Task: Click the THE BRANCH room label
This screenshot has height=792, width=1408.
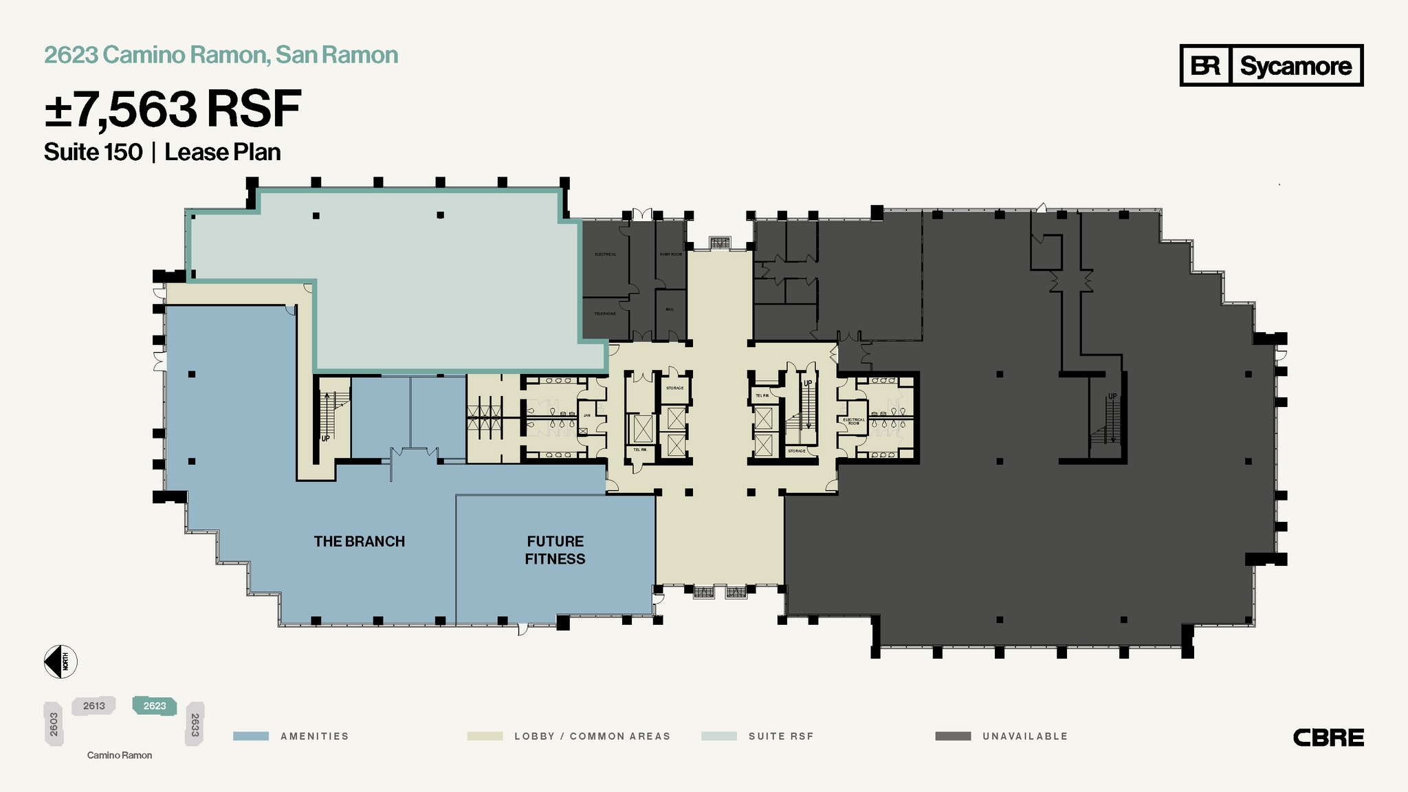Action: pyautogui.click(x=359, y=542)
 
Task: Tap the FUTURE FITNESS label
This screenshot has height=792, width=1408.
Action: pyautogui.click(x=555, y=550)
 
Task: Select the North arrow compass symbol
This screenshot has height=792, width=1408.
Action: pyautogui.click(x=60, y=662)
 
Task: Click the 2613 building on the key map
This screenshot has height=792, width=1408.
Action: pyautogui.click(x=94, y=706)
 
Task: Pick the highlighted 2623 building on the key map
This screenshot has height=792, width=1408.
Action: pyautogui.click(x=155, y=706)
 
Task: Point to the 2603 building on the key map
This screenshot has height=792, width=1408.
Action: pyautogui.click(x=54, y=724)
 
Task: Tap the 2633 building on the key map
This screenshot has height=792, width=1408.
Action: pyautogui.click(x=195, y=724)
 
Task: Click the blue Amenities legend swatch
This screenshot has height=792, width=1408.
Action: pyautogui.click(x=251, y=736)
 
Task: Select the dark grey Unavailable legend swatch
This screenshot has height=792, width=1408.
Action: pyautogui.click(x=953, y=736)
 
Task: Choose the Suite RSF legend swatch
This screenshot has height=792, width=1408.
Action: pyautogui.click(x=718, y=736)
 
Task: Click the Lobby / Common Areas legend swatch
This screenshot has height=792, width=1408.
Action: pyautogui.click(x=485, y=736)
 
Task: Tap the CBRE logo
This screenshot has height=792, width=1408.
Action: pyautogui.click(x=1328, y=738)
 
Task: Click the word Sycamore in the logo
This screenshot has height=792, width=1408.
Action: pyautogui.click(x=1295, y=66)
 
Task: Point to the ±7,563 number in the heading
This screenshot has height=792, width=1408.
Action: pyautogui.click(x=121, y=110)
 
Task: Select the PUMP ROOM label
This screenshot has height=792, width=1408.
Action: pyautogui.click(x=671, y=254)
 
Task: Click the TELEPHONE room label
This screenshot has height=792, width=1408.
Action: pyautogui.click(x=605, y=314)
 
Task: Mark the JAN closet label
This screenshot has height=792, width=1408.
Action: pyautogui.click(x=587, y=415)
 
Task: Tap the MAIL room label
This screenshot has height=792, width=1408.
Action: pyautogui.click(x=670, y=309)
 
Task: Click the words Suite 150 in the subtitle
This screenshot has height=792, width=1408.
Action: pyautogui.click(x=93, y=152)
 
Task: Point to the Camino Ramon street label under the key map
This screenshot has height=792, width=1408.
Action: pyautogui.click(x=120, y=756)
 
